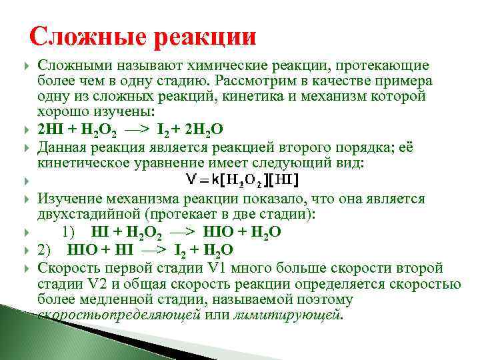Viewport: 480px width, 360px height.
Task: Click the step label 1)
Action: (69, 231)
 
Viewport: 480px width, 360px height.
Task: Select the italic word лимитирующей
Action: (287, 315)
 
